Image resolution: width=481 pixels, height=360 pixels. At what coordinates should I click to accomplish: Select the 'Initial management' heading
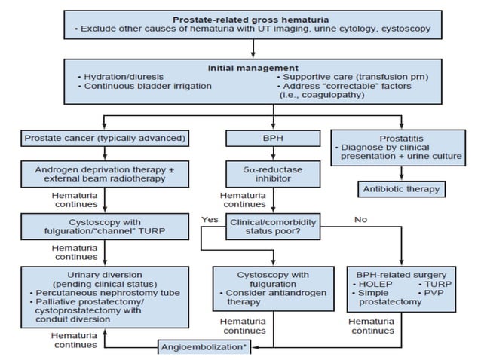(253, 67)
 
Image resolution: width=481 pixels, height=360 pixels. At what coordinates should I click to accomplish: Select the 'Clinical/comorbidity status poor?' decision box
(274, 228)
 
